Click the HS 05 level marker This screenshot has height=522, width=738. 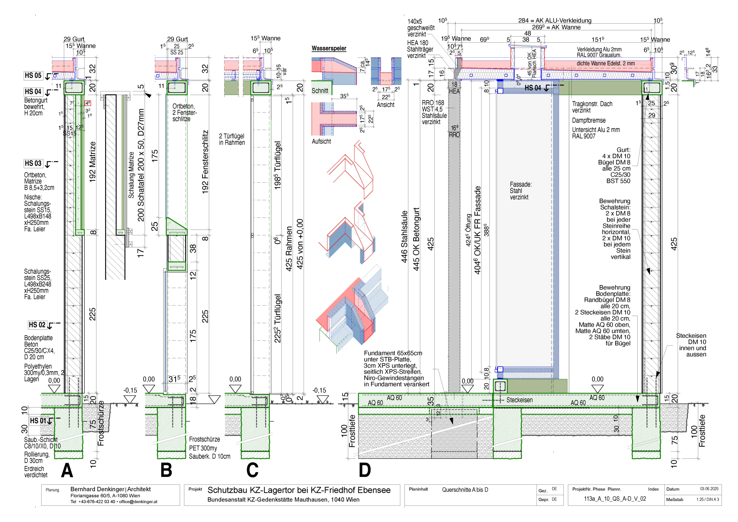click(33, 76)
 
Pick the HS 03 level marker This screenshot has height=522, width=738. click(33, 164)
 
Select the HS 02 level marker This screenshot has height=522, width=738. click(37, 325)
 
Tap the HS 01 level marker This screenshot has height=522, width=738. click(38, 421)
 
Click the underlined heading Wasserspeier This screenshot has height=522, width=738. click(329, 48)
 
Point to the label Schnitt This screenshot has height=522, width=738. click(320, 91)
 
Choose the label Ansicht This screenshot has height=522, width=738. click(385, 105)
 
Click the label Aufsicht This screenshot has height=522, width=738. click(321, 142)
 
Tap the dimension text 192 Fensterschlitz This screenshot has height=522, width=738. click(205, 162)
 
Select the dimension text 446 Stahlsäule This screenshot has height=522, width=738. click(404, 236)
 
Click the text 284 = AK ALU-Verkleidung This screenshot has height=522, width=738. click(554, 20)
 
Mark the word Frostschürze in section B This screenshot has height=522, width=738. click(204, 439)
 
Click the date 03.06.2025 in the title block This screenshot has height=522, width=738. click(709, 489)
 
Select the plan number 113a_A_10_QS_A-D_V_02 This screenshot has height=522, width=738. click(615, 499)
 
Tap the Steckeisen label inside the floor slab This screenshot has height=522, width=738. click(519, 400)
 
